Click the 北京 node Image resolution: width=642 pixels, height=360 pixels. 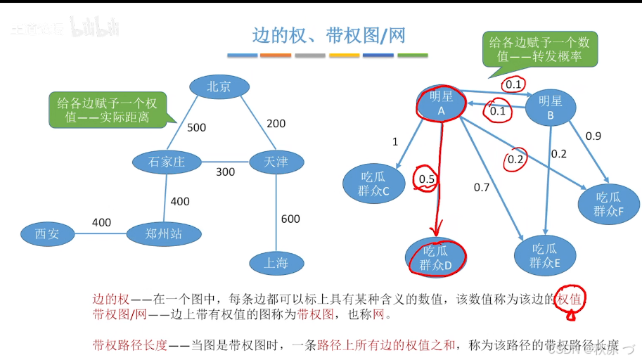coord(219,86)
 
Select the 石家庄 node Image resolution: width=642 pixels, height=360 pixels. coord(166,162)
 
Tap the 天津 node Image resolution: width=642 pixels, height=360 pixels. coord(276,162)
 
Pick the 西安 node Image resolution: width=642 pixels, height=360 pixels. coord(47,234)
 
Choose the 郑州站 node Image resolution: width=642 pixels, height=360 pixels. coord(163,234)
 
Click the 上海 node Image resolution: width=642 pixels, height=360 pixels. coord(276,263)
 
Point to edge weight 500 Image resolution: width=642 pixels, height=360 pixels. coord(196,127)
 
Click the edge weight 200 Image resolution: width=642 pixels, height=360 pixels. coord(276,124)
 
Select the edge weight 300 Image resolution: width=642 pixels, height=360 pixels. coord(225,172)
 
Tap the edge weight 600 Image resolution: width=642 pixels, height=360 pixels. coord(290,219)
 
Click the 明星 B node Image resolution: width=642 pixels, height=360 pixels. coord(551,107)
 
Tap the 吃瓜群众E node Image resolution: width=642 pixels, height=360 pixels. coord(546,255)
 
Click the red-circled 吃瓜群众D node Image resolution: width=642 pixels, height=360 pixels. coord(435,257)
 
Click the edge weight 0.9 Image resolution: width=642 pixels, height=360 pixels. coord(593,136)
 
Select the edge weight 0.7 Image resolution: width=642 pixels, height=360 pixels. coord(482,187)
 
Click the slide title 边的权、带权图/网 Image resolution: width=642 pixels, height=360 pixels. coord(328,34)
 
